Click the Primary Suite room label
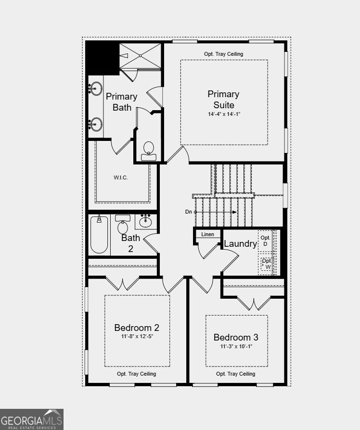click(224, 100)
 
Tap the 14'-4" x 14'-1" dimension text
click(224, 114)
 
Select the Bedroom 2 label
click(137, 328)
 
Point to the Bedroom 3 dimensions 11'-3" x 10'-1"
click(236, 346)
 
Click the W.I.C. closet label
click(121, 177)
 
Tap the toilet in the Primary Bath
click(149, 151)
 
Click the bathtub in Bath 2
click(99, 234)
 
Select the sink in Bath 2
click(145, 221)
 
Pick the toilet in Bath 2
click(123, 224)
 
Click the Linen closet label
click(207, 234)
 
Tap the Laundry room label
click(240, 243)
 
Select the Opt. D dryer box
click(265, 240)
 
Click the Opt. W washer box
click(265, 264)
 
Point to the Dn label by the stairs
click(189, 212)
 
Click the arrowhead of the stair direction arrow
click(234, 212)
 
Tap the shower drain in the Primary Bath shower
click(140, 56)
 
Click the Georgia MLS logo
click(32, 419)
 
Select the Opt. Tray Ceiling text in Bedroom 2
click(136, 374)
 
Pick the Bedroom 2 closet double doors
click(123, 284)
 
